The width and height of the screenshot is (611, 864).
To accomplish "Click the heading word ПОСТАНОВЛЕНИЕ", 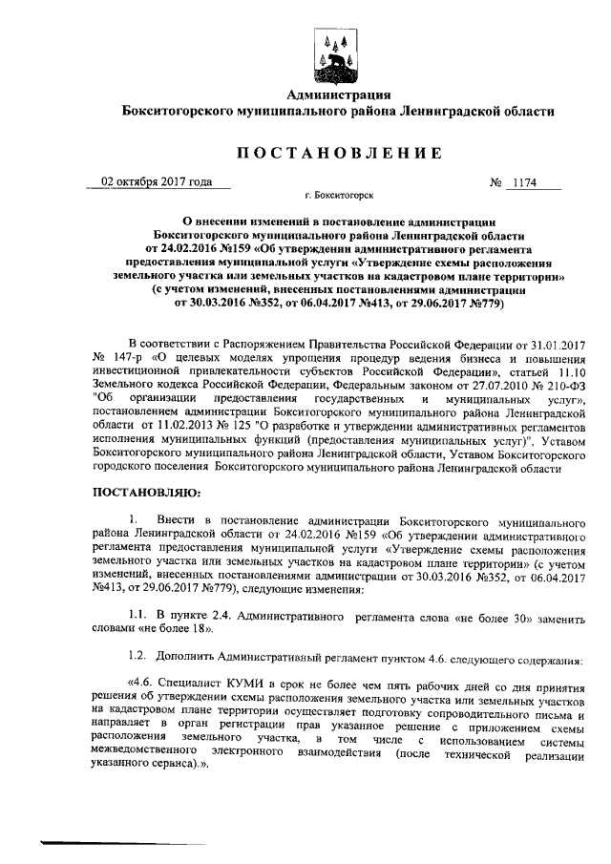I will [x=340, y=153].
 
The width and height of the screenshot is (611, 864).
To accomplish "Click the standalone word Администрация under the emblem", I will [x=340, y=94].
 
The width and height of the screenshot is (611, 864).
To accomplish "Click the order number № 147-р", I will [x=114, y=356].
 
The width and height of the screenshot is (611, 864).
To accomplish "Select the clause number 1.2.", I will [x=137, y=662].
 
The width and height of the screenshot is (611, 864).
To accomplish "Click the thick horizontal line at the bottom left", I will [x=88, y=842].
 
